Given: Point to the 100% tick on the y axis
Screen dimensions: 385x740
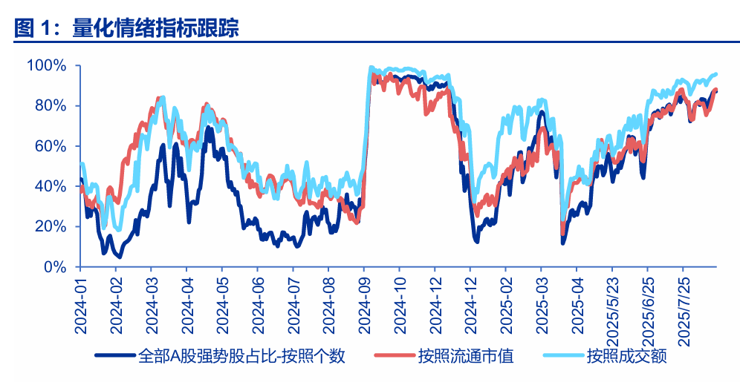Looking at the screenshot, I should tap(46, 66).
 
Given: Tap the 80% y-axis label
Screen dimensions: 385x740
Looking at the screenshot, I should tap(51, 106).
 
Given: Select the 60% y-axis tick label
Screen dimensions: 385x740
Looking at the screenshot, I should tap(51, 146).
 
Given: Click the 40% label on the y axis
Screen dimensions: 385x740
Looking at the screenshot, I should tap(51, 186).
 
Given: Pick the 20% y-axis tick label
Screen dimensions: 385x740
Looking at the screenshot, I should tap(51, 226).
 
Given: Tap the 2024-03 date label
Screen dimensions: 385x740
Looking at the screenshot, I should tap(151, 302).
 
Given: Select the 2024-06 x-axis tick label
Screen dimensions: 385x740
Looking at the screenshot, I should tap(257, 302).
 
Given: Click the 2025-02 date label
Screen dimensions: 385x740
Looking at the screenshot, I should tap(505, 302).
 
